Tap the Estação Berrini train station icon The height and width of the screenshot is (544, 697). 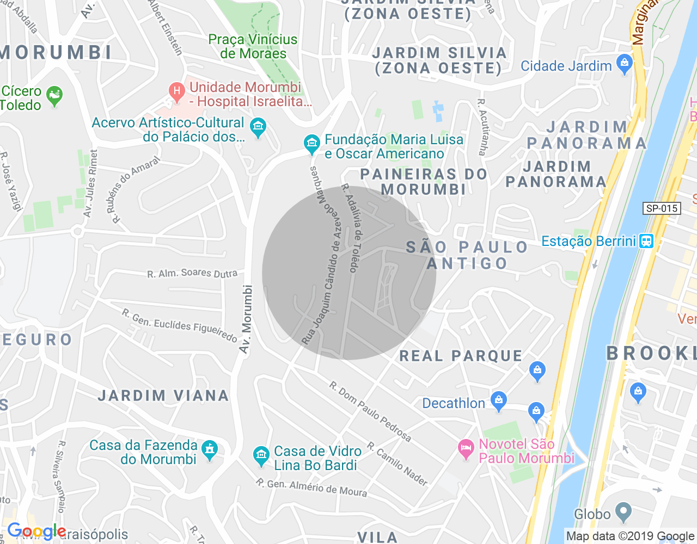(x=646, y=240)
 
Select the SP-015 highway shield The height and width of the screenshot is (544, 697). (x=661, y=208)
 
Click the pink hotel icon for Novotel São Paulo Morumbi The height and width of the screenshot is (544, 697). (x=466, y=449)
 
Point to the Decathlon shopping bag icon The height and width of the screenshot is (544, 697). (x=498, y=401)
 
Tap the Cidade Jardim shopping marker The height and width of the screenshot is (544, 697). (x=625, y=64)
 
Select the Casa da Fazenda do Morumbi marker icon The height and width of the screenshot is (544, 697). (x=209, y=449)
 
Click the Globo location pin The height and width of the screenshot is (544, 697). (x=623, y=512)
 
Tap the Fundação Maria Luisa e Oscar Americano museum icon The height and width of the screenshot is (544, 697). (x=311, y=144)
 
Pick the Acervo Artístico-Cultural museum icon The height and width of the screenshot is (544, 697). (x=258, y=128)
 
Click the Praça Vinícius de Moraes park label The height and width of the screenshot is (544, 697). (x=253, y=46)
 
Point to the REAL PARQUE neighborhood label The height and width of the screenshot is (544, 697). (x=461, y=356)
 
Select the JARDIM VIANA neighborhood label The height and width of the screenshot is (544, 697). (x=163, y=395)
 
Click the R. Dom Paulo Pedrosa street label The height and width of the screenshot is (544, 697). (x=370, y=412)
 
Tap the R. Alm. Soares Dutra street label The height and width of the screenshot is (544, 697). (x=192, y=273)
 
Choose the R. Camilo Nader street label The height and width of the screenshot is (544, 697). (x=398, y=464)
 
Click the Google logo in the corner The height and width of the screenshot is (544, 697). (x=36, y=531)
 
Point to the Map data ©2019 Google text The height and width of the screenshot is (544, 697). (x=630, y=536)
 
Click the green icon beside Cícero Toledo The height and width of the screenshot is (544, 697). (x=54, y=96)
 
